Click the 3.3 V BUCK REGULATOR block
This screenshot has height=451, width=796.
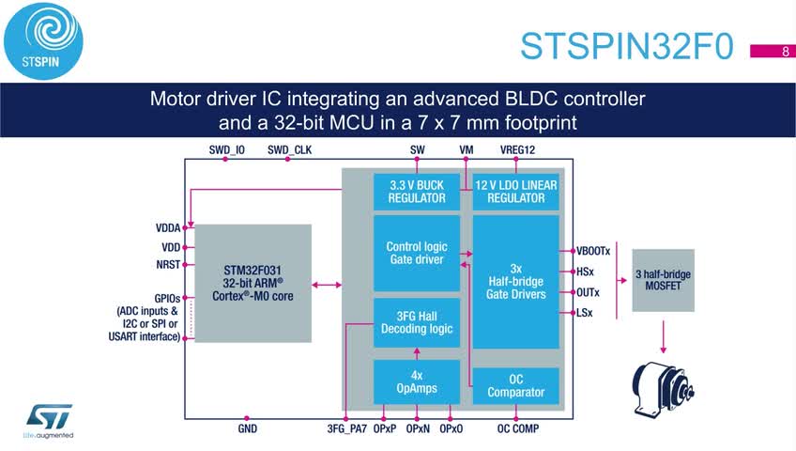click(417, 192)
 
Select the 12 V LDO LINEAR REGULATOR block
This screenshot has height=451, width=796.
click(515, 192)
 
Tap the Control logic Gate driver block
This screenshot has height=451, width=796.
click(417, 253)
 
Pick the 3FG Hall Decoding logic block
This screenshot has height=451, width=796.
click(417, 322)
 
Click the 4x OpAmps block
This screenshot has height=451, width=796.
click(417, 381)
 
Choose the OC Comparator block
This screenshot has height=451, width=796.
click(515, 386)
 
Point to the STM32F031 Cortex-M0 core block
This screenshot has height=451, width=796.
click(253, 284)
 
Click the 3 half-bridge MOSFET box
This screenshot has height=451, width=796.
click(663, 280)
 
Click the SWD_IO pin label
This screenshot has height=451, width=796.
click(226, 149)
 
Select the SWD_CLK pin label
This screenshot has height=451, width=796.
click(289, 149)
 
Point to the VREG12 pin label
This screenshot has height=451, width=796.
click(517, 149)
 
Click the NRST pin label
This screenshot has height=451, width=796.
click(168, 265)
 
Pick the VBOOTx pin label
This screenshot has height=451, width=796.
click(593, 251)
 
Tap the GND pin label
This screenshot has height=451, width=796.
click(247, 428)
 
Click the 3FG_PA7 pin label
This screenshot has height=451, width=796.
click(346, 428)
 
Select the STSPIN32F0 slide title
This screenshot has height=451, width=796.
click(627, 46)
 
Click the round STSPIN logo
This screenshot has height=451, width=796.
click(43, 41)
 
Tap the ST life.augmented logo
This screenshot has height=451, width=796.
click(49, 421)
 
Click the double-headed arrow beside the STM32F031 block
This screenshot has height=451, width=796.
click(327, 285)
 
